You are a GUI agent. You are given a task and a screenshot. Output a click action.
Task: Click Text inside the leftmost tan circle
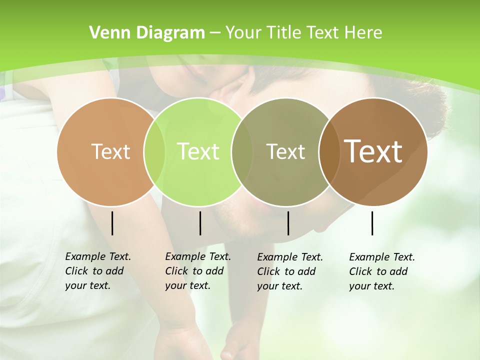point(110,151)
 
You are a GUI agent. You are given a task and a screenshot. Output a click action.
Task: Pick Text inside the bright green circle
point(198,151)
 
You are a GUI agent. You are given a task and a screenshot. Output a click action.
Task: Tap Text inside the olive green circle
point(285,151)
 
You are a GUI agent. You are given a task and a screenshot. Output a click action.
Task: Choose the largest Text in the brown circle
point(373,151)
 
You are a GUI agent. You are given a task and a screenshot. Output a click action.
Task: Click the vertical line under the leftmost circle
point(112,223)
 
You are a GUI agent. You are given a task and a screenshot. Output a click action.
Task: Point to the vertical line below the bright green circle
point(200,223)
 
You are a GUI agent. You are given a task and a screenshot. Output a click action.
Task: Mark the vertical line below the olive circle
point(288,223)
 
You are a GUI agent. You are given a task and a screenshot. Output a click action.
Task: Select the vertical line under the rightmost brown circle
point(372,223)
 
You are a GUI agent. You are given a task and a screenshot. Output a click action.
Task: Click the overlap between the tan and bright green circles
point(154,151)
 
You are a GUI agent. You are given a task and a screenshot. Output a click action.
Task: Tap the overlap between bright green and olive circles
point(242,151)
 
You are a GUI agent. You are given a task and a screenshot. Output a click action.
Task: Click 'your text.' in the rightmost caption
point(371,286)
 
